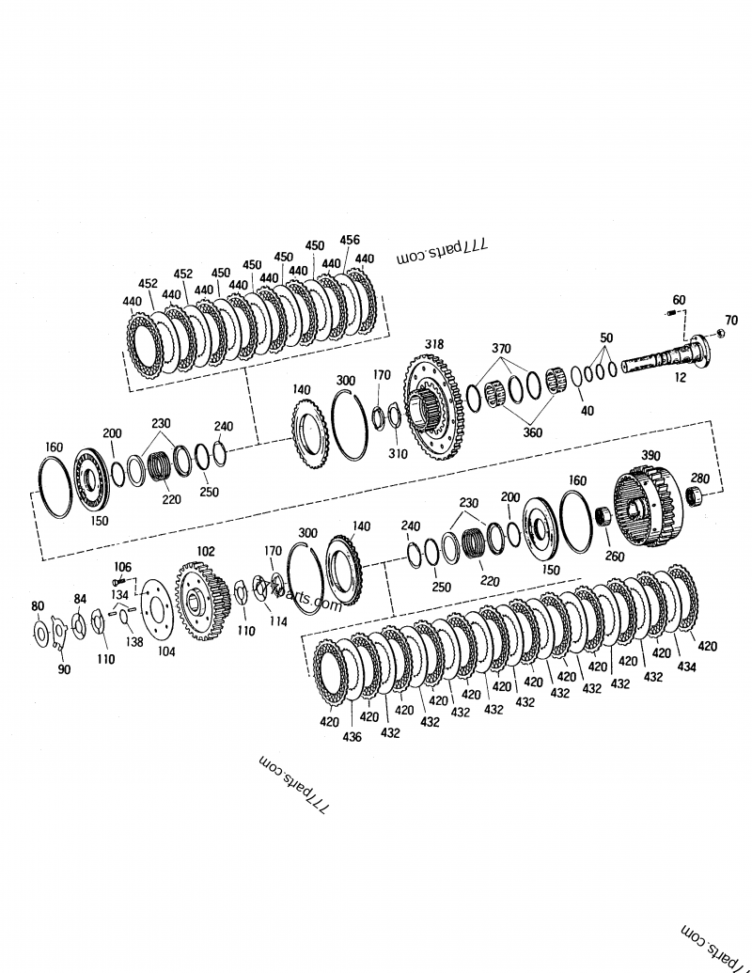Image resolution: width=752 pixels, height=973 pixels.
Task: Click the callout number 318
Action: pyautogui.click(x=434, y=343)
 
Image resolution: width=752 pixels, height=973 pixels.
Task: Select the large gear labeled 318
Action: pyautogui.click(x=435, y=407)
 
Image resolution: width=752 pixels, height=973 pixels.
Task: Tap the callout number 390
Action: pyautogui.click(x=650, y=455)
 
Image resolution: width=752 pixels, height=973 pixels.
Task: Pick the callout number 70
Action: pyautogui.click(x=731, y=321)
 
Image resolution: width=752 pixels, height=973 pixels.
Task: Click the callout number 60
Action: pyautogui.click(x=679, y=300)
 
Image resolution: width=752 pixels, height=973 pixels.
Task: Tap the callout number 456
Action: pyautogui.click(x=349, y=241)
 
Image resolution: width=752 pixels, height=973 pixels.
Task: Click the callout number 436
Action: pyautogui.click(x=352, y=738)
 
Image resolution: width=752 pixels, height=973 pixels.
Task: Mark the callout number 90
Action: pyautogui.click(x=64, y=669)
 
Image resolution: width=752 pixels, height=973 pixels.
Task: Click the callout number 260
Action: pyautogui.click(x=615, y=557)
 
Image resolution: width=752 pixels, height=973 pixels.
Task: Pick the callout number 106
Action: pyautogui.click(x=123, y=566)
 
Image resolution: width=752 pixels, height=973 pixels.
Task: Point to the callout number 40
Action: pyautogui.click(x=587, y=410)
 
